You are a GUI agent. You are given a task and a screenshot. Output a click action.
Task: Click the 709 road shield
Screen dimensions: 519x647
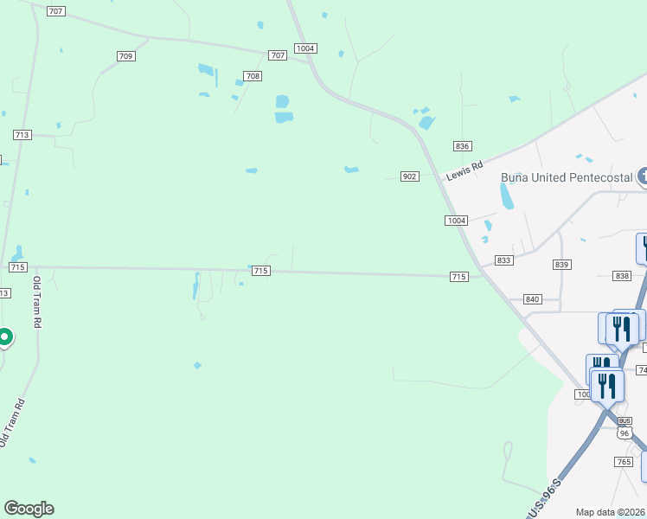click(125, 56)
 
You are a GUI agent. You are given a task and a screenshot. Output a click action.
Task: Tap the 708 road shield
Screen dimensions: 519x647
click(253, 76)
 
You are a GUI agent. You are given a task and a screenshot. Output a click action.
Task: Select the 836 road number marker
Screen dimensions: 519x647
click(463, 146)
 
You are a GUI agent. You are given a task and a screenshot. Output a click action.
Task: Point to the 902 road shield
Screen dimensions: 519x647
click(410, 176)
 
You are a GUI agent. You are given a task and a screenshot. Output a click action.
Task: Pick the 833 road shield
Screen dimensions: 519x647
click(504, 260)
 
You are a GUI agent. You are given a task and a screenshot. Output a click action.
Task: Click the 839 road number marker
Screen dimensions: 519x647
click(562, 265)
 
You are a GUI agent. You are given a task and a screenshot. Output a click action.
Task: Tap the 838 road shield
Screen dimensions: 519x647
click(622, 276)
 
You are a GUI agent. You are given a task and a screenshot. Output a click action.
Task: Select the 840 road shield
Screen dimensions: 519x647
click(533, 299)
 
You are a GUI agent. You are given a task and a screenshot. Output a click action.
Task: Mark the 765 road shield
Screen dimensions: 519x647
click(625, 463)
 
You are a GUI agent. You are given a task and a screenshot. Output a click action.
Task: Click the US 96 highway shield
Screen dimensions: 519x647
click(625, 433)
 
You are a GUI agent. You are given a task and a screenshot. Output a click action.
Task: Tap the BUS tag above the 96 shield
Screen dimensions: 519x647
click(625, 420)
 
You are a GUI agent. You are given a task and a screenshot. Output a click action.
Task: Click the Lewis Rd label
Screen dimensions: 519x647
click(464, 170)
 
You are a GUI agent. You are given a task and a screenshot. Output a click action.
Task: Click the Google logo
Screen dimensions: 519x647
click(29, 509)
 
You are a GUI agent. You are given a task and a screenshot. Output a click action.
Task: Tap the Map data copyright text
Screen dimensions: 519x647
click(611, 512)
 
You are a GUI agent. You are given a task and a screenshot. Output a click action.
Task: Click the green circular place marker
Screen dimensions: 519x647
click(4, 336)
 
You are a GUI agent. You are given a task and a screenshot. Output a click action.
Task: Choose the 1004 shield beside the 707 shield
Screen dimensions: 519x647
click(304, 48)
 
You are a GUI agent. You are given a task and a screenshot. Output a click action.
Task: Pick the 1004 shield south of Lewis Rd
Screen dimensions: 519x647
click(457, 221)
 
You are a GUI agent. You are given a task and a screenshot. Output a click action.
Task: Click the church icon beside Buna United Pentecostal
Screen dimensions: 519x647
click(643, 177)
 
